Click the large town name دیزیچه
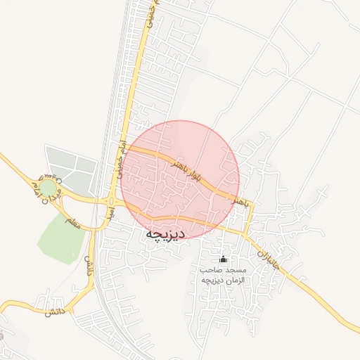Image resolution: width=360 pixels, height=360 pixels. pyautogui.click(x=165, y=233)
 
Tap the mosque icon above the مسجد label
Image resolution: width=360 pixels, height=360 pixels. pyautogui.click(x=224, y=259)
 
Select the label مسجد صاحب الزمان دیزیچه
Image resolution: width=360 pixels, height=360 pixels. pyautogui.click(x=223, y=275)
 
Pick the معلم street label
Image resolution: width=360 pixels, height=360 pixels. pyautogui.click(x=73, y=221)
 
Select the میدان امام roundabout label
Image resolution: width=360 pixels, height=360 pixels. pyautogui.click(x=42, y=181)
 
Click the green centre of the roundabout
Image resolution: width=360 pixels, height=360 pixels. pyautogui.click(x=46, y=188)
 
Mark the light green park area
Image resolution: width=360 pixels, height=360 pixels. pyautogui.click(x=60, y=238)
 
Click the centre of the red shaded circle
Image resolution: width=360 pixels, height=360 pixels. pyautogui.click(x=180, y=180)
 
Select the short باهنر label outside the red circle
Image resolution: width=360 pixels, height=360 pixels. pyautogui.click(x=241, y=202)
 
